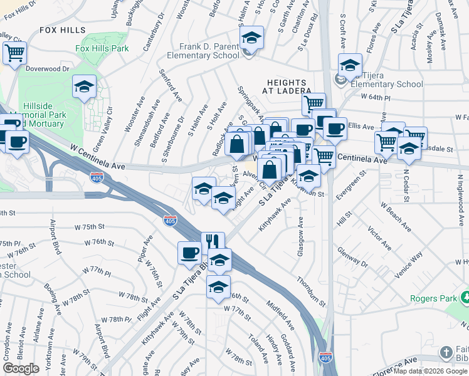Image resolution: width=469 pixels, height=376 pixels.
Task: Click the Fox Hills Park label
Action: click(x=102, y=48)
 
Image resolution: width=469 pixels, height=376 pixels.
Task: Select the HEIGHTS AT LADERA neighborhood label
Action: click(x=287, y=86)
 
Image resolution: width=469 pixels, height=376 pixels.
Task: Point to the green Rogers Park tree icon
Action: click(x=465, y=296)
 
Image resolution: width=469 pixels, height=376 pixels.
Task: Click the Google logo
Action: click(x=21, y=369)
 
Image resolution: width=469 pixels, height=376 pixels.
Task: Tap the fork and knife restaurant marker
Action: click(x=213, y=241)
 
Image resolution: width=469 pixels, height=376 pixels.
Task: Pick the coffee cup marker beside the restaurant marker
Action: click(x=189, y=253)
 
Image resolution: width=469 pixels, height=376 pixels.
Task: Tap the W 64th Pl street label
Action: click(x=376, y=98)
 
